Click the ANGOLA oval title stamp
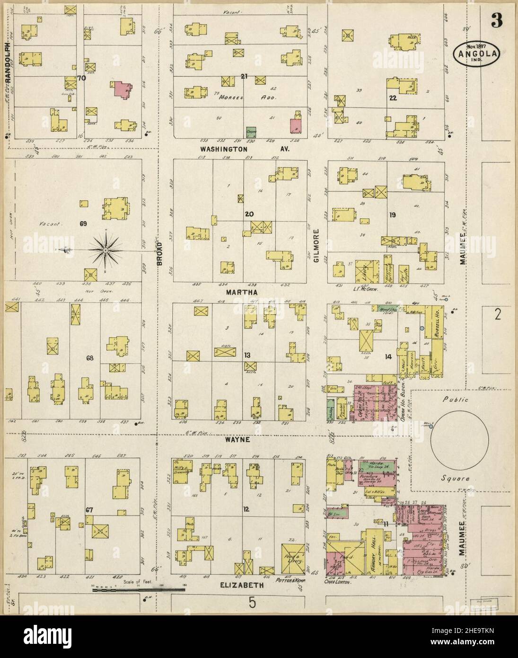tap(477, 54)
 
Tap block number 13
tap(246, 355)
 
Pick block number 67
tap(88, 510)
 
